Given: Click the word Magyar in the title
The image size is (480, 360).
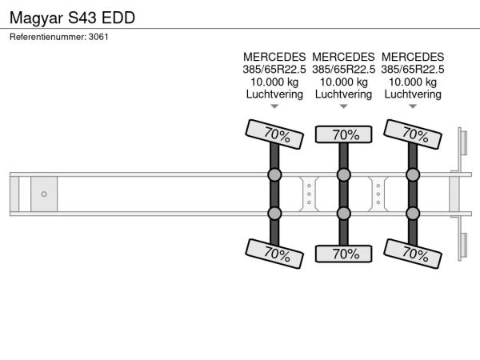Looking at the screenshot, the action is tap(36, 18).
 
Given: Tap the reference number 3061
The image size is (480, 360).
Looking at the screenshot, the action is tap(98, 37).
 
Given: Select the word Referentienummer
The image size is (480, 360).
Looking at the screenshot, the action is tap(47, 37).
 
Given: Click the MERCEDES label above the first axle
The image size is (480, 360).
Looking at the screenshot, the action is tap(274, 57).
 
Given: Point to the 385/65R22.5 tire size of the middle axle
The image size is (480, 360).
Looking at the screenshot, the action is tap(343, 70).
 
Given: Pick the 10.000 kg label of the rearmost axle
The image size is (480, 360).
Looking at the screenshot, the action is tap(413, 82).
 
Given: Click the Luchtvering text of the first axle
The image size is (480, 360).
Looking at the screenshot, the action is tap(274, 94).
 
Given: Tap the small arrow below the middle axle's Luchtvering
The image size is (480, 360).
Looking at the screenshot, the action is tap(344, 106).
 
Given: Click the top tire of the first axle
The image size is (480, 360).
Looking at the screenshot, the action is tap(274, 134).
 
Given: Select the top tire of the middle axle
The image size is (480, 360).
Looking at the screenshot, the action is tap(343, 134).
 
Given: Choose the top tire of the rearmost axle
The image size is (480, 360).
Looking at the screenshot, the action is tap(413, 134).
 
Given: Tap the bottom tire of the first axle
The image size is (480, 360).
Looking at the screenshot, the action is tap(274, 254).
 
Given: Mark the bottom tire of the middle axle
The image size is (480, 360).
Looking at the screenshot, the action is tap(343, 254).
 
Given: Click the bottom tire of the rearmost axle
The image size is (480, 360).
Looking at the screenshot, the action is tap(413, 254).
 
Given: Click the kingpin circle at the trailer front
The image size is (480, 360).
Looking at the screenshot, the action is tap(44, 194).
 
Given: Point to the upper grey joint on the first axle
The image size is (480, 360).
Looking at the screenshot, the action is tap(274, 174).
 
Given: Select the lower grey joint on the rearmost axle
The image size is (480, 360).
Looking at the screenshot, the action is tap(413, 214).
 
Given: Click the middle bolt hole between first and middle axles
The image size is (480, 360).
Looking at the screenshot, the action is tap(309, 194).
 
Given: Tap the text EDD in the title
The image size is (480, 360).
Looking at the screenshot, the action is tap(118, 18).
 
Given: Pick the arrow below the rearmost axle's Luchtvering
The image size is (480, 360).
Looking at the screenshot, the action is tap(413, 106).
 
